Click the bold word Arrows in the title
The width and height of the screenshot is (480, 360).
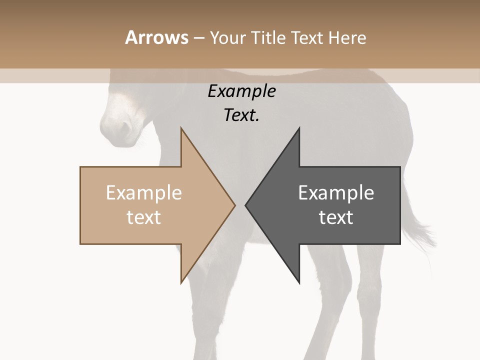(x=156, y=37)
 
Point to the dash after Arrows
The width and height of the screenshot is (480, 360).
(x=198, y=38)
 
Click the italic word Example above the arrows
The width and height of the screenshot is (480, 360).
(x=241, y=91)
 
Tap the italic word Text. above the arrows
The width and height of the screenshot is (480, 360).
(x=241, y=115)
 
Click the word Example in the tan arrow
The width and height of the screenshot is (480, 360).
(x=144, y=193)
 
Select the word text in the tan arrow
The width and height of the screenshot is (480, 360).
(x=144, y=217)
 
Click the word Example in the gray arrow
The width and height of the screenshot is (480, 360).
(x=336, y=193)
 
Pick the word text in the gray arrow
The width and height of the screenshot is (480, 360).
(x=336, y=217)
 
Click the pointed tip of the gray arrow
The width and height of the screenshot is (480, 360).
(x=246, y=205)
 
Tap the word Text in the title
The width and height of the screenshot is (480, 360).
(x=306, y=37)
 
